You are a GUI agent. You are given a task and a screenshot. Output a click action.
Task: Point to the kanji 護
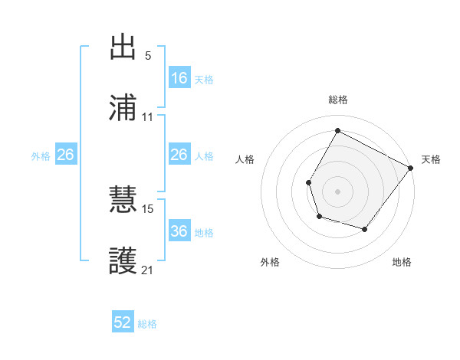click(x=124, y=260)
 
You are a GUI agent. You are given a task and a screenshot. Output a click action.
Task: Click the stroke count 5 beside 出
click(x=148, y=57)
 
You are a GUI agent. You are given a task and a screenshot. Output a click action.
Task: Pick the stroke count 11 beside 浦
click(x=148, y=117)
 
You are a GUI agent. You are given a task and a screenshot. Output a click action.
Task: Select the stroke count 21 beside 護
click(x=148, y=270)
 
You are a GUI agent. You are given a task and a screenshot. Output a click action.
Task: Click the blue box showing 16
click(x=179, y=78)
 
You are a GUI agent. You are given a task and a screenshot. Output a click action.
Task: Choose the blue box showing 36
click(x=179, y=231)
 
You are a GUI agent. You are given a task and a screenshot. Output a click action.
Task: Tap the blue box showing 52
click(x=123, y=323)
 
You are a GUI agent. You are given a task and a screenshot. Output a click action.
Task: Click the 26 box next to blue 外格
click(x=65, y=155)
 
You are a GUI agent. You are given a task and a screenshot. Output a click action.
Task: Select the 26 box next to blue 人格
click(x=179, y=155)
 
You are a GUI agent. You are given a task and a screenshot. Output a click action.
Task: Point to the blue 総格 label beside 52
click(x=147, y=324)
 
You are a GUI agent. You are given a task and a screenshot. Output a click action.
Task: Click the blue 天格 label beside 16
click(x=203, y=79)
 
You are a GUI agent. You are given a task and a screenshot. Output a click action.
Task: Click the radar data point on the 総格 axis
click(x=337, y=131)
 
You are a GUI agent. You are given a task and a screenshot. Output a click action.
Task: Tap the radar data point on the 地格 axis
click(x=365, y=229)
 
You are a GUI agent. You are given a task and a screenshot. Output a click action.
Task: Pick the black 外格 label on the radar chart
click(x=270, y=262)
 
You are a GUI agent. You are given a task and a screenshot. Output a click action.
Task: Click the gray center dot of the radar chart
click(x=337, y=190)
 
